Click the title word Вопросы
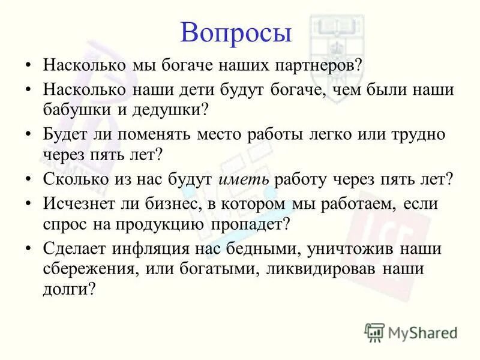pos(236,32)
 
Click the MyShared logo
pos(411,331)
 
